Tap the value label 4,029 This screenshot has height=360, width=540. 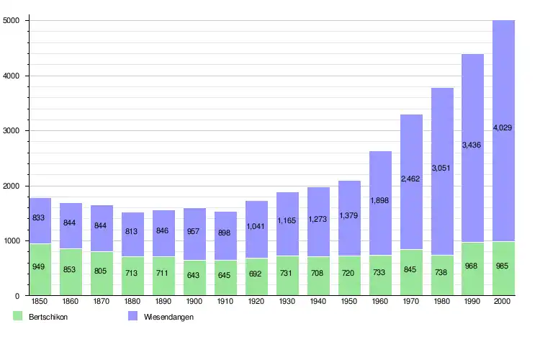tap(503, 127)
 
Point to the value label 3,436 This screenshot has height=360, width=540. tap(472, 145)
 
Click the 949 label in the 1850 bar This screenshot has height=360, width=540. tap(40, 267)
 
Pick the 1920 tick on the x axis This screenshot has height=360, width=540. tap(256, 302)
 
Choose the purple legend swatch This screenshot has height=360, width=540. tap(132, 316)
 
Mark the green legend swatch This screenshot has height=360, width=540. tap(17, 316)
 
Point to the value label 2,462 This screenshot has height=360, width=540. tap(411, 178)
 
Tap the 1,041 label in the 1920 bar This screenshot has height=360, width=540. tap(256, 226)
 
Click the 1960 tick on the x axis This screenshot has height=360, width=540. tap(380, 302)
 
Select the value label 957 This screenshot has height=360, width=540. tap(194, 232)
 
